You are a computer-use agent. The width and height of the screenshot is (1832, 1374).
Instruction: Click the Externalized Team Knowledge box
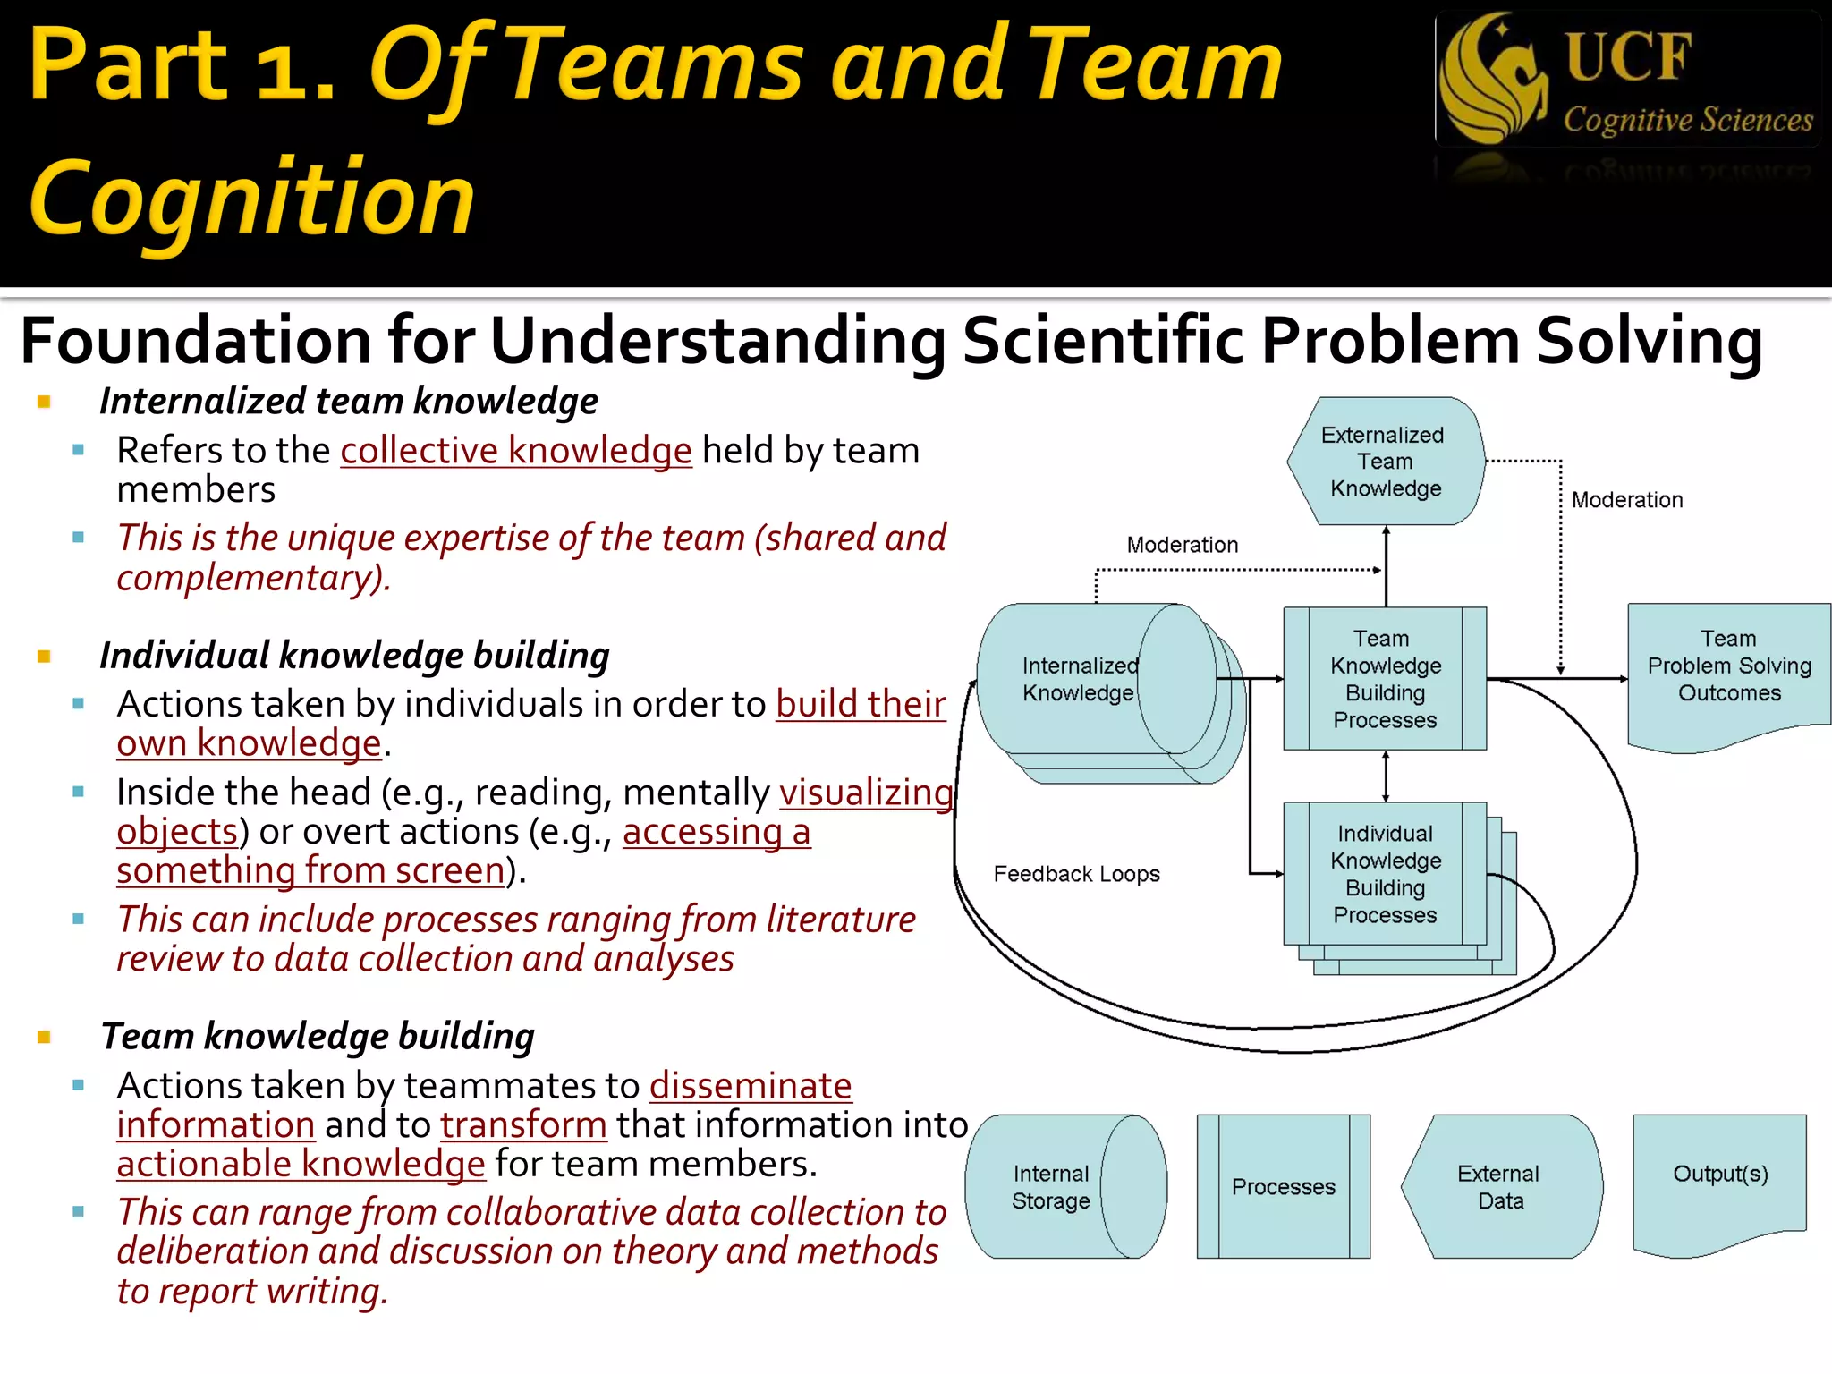pyautogui.click(x=1386, y=462)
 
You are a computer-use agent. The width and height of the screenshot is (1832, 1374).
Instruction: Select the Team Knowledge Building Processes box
pyautogui.click(x=1385, y=679)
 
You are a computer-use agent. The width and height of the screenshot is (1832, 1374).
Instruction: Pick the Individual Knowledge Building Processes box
pyautogui.click(x=1385, y=874)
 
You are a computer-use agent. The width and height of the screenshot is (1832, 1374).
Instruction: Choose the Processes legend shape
pyautogui.click(x=1283, y=1187)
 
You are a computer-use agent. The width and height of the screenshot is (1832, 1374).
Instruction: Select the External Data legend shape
pyautogui.click(x=1500, y=1187)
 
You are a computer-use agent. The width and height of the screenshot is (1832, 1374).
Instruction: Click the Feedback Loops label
pyautogui.click(x=1076, y=874)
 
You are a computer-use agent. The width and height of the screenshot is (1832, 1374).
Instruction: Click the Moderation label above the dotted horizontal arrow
pyautogui.click(x=1182, y=545)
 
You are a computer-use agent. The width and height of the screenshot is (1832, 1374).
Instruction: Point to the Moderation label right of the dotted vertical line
pyautogui.click(x=1626, y=500)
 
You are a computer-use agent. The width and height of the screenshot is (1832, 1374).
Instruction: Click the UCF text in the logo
pyautogui.click(x=1628, y=56)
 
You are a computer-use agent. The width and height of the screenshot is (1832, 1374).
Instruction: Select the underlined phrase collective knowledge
pyautogui.click(x=516, y=451)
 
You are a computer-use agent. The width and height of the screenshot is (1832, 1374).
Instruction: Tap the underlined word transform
pyautogui.click(x=523, y=1124)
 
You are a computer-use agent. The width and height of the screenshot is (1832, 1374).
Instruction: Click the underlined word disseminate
pyautogui.click(x=751, y=1086)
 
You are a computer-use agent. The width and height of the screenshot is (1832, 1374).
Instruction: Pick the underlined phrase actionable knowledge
pyautogui.click(x=301, y=1164)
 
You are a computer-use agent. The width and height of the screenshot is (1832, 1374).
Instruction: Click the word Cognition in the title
pyautogui.click(x=252, y=199)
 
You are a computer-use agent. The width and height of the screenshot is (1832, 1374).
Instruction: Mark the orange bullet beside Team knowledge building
pyautogui.click(x=44, y=1038)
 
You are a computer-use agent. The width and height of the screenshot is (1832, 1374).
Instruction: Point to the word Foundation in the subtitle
pyautogui.click(x=195, y=341)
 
